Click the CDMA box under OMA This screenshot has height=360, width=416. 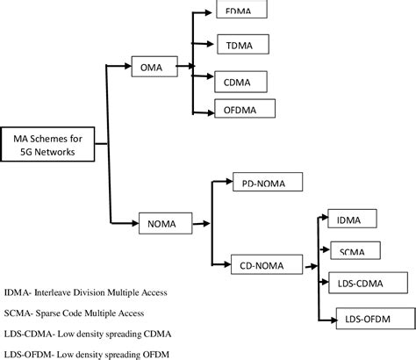tap(241, 83)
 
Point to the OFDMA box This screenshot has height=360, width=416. tap(245, 109)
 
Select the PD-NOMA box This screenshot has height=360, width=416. tap(266, 183)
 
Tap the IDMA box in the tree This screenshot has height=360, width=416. tap(350, 219)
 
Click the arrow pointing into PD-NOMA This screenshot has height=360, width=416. tap(223, 183)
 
